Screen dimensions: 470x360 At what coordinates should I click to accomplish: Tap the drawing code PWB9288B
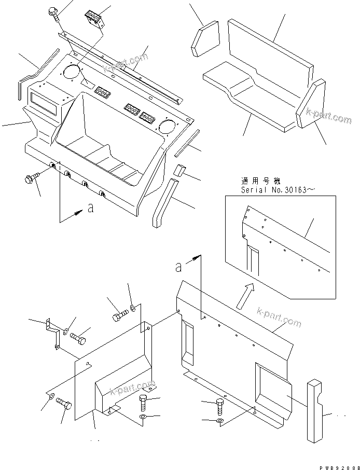(337, 466)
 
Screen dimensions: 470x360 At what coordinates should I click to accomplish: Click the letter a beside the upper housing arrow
(91, 209)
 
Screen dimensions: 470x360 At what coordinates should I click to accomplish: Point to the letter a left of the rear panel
(178, 267)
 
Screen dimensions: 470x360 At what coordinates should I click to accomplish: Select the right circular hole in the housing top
(167, 125)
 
